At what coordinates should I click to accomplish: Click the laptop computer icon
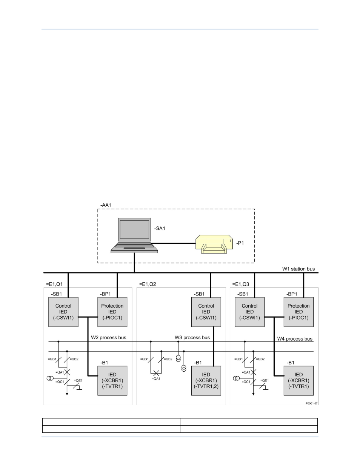[x=134, y=235]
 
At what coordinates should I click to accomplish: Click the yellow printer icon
[x=214, y=244]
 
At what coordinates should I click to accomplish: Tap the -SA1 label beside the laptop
[x=160, y=228]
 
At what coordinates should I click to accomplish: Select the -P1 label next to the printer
[x=240, y=243]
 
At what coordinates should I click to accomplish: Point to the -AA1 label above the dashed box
[x=106, y=205]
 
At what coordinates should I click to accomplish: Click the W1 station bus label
[x=298, y=269]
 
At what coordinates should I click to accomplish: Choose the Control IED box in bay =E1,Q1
[x=63, y=312]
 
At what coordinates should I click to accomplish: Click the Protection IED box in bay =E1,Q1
[x=112, y=312]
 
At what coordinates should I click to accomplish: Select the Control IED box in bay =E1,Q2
[x=206, y=312]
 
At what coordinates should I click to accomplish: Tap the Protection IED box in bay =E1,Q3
[x=298, y=312]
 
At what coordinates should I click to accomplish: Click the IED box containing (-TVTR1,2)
[x=206, y=380]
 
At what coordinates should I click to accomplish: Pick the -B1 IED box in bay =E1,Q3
[x=298, y=380]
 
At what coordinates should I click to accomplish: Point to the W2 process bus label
[x=109, y=338]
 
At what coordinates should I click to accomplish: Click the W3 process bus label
[x=192, y=338]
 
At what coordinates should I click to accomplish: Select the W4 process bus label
[x=295, y=339]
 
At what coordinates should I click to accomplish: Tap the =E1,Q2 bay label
[x=148, y=284]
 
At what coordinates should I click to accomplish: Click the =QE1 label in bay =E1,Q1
[x=78, y=380]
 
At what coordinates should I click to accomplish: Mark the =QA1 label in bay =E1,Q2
[x=156, y=379]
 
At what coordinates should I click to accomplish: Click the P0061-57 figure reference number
[x=312, y=403]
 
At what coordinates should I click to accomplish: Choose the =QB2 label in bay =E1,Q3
[x=261, y=359]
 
